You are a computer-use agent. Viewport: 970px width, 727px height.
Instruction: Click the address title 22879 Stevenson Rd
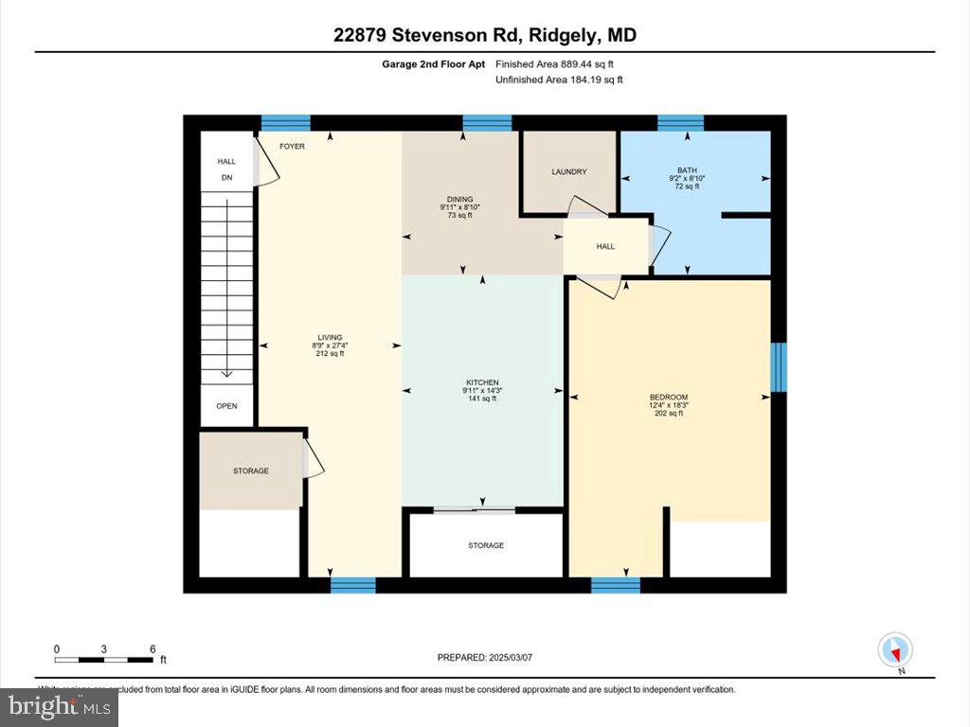pos(484,35)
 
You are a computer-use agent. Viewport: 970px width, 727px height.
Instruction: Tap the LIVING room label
pos(330,337)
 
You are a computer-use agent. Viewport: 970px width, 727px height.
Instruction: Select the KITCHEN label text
pos(481,382)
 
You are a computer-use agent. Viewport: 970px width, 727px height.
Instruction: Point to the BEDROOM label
pos(668,397)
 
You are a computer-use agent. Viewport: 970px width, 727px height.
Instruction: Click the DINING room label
pos(460,199)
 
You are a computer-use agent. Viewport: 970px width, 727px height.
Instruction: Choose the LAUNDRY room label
pos(569,171)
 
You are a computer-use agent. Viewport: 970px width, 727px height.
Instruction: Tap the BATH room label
pos(687,170)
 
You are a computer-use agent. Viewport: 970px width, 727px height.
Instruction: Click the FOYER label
pos(292,147)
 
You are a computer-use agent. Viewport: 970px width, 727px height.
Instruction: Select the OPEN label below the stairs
pos(226,406)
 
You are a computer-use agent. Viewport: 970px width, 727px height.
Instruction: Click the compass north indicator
pos(895,651)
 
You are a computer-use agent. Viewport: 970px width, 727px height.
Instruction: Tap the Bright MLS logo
pos(59,706)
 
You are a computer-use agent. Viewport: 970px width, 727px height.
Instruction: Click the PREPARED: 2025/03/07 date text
pos(491,657)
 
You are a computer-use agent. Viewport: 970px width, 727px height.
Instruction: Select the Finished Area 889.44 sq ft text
pos(561,64)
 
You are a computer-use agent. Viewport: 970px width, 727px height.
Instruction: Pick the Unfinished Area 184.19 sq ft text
pos(559,80)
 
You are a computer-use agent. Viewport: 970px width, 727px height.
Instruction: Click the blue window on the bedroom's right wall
pos(779,367)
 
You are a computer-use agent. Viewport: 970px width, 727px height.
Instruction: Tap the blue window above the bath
pos(680,121)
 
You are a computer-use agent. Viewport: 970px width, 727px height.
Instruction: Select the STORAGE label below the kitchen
pos(485,545)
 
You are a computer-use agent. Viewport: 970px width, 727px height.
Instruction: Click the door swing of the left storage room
pos(314,460)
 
